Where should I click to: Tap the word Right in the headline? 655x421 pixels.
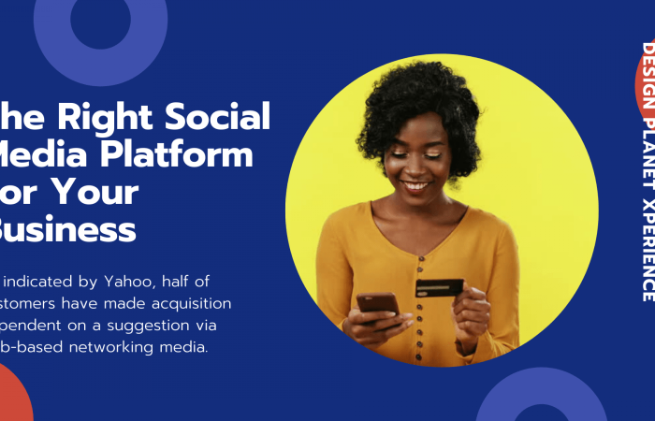click(x=94, y=117)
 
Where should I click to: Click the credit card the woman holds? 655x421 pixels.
click(x=439, y=287)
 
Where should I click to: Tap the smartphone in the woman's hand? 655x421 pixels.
click(x=376, y=303)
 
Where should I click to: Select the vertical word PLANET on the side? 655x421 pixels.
click(x=647, y=159)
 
